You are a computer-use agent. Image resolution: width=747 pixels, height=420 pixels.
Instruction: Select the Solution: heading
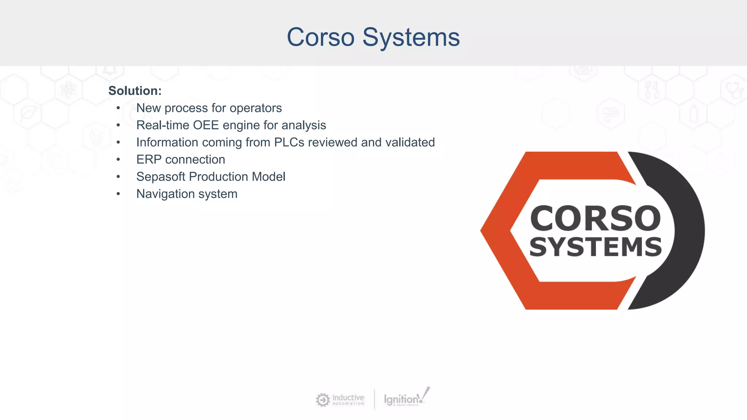135,91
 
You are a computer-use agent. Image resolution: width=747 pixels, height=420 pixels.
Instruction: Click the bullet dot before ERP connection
118,160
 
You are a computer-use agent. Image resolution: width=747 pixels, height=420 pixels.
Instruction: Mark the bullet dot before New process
118,108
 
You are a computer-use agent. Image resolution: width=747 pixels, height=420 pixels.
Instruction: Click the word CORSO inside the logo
595,218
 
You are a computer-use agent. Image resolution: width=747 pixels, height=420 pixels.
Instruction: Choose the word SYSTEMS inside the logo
595,247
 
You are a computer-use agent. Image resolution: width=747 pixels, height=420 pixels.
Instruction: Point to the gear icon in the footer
322,400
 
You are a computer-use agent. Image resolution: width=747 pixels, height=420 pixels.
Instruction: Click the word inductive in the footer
348,397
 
